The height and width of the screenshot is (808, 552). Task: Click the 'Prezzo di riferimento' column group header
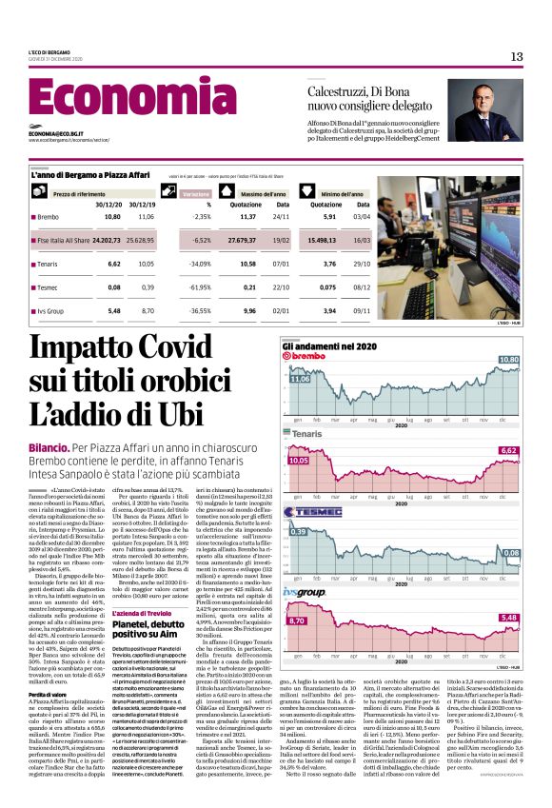(x=78, y=193)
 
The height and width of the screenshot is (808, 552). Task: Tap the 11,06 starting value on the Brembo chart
(x=299, y=379)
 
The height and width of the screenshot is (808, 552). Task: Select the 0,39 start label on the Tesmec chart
(x=299, y=531)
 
